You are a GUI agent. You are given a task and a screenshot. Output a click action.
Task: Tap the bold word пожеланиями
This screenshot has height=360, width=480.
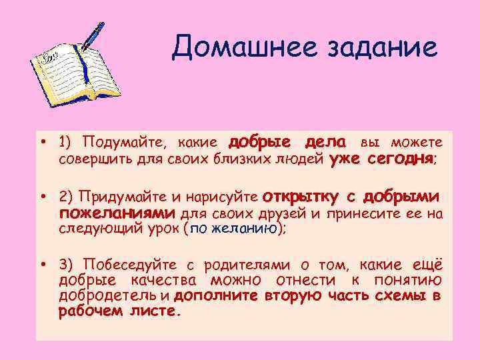pos(117,214)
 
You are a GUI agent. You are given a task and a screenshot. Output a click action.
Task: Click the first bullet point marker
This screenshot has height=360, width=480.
pos(42,141)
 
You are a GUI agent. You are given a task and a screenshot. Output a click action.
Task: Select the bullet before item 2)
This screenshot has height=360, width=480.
pos(42,197)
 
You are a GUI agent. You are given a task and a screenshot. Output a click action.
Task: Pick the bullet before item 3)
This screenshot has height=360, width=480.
pos(42,265)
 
